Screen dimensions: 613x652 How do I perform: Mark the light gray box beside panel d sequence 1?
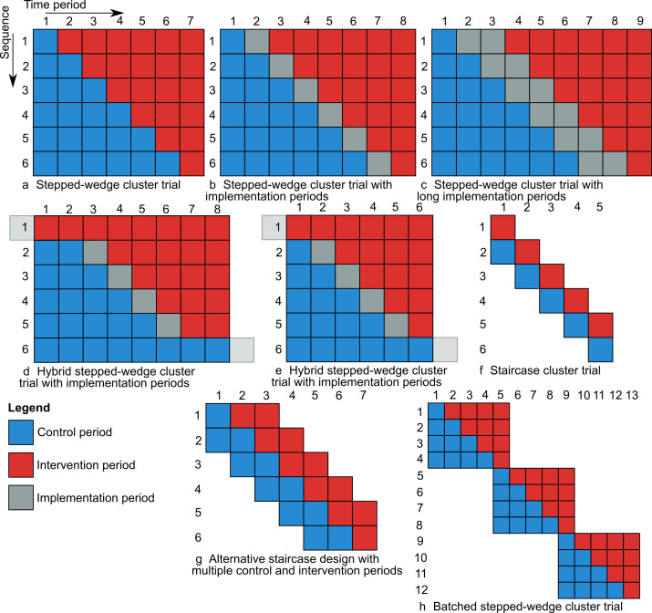pyautogui.click(x=22, y=226)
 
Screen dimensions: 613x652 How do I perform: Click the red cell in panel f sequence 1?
pyautogui.click(x=502, y=227)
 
